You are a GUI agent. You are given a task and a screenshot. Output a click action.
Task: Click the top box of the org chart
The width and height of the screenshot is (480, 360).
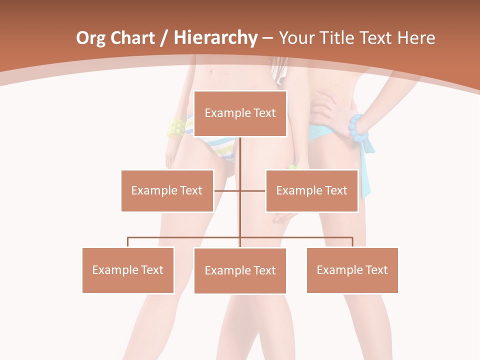(240, 113)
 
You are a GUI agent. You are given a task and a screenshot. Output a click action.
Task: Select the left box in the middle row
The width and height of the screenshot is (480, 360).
(167, 190)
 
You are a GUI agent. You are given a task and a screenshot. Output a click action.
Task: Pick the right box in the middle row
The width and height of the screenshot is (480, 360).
(311, 190)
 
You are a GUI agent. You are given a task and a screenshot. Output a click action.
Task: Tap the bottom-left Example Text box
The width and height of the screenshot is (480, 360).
(128, 270)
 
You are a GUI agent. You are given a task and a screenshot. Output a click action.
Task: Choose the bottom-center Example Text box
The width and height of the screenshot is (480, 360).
(240, 270)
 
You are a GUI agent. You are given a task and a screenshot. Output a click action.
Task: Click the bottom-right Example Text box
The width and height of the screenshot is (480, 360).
(352, 270)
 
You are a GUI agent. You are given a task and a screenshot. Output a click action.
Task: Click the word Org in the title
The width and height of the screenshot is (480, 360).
(90, 38)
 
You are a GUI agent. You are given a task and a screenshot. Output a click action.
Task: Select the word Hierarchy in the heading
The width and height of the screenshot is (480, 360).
(215, 38)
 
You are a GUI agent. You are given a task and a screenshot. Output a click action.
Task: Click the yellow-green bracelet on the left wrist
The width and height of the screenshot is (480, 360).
(175, 128)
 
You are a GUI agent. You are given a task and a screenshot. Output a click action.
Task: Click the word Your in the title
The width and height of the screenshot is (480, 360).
(295, 38)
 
